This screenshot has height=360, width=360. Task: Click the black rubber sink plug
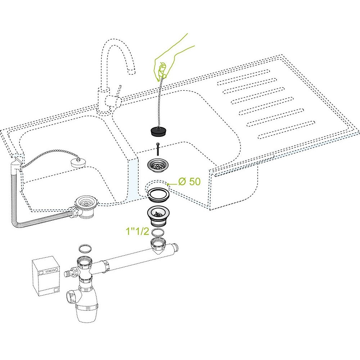158,131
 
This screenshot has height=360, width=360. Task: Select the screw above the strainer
158,149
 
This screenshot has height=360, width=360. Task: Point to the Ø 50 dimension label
189,181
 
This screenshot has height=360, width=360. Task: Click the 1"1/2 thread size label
138,231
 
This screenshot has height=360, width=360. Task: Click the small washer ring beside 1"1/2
158,232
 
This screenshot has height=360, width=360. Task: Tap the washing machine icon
46,276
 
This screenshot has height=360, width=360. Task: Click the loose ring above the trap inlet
85,248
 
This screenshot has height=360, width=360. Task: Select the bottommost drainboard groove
286,130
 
